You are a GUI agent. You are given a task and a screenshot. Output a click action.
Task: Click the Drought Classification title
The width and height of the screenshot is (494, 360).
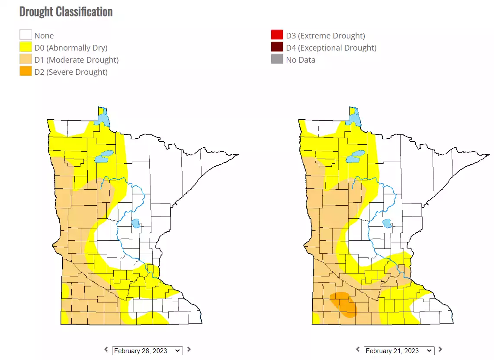click(x=66, y=12)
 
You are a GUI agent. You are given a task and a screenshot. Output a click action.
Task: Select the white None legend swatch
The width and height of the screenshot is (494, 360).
click(x=26, y=35)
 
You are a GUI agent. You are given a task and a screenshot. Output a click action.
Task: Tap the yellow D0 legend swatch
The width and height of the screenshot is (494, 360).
click(x=26, y=48)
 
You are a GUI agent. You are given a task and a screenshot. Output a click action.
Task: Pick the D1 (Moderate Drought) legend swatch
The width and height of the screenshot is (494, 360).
click(x=26, y=60)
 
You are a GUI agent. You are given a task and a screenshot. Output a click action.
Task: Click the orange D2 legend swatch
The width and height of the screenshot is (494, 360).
click(x=26, y=71)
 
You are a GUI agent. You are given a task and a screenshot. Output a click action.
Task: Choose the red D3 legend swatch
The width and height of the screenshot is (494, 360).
click(x=277, y=35)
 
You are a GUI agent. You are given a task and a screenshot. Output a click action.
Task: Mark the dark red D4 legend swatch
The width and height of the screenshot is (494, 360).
click(x=277, y=48)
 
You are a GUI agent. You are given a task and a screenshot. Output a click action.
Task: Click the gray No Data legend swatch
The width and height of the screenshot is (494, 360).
click(x=277, y=60)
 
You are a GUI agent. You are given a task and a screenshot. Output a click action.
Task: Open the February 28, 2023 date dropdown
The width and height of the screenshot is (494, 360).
click(x=147, y=350)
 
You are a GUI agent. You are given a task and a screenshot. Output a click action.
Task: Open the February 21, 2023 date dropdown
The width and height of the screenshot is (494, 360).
click(x=399, y=350)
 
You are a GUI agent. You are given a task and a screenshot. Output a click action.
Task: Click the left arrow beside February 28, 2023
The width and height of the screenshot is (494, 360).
click(x=106, y=350)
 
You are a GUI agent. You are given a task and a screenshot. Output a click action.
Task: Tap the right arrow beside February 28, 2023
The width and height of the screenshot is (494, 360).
click(x=189, y=350)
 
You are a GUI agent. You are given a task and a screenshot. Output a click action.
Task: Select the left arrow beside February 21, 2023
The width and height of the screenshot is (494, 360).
click(x=358, y=350)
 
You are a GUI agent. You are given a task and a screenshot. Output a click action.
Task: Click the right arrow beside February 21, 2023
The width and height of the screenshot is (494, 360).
click(x=440, y=350)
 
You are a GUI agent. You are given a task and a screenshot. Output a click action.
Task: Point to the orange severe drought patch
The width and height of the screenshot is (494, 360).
click(x=345, y=305)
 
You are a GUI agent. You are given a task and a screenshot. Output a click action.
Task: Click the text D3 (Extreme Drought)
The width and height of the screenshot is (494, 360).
click(x=325, y=35)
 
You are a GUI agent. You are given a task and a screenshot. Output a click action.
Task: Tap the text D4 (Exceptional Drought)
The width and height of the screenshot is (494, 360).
click(x=331, y=48)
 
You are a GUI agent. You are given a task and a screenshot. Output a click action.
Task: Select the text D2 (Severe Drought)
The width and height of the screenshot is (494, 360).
click(x=71, y=72)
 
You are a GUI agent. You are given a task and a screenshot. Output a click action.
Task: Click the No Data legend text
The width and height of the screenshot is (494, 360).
click(x=301, y=60)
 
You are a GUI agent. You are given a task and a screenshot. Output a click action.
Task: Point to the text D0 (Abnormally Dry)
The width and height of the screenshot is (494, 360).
click(x=71, y=48)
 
